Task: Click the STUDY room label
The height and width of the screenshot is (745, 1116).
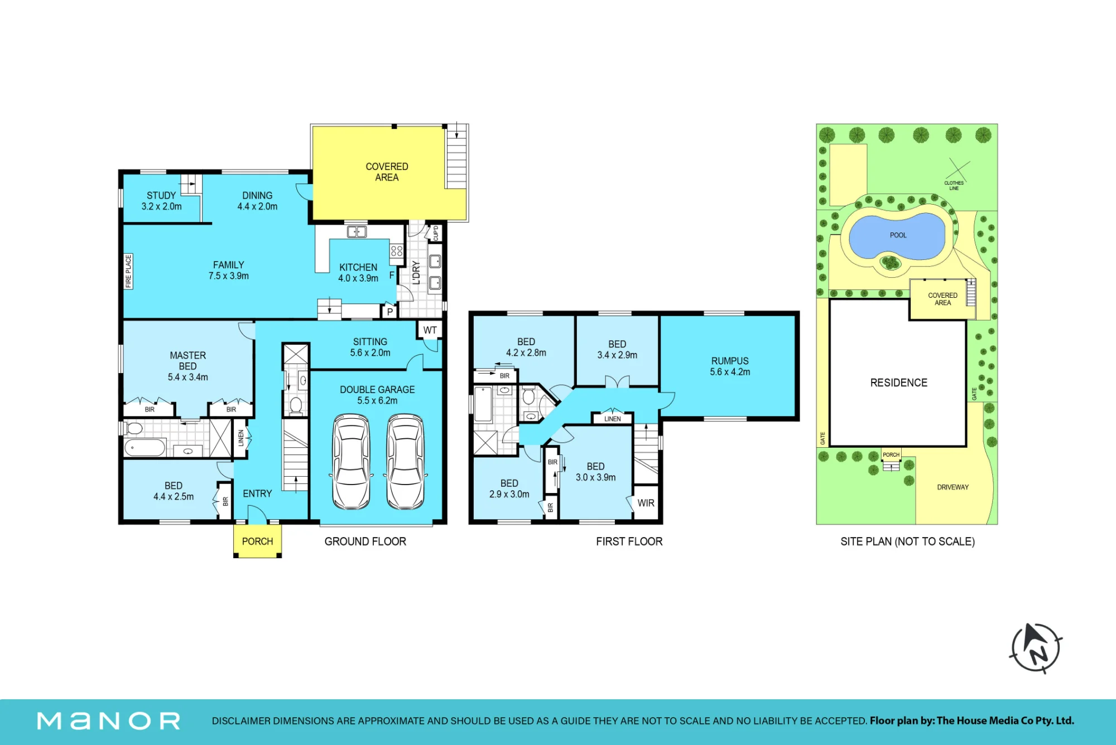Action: [161, 196]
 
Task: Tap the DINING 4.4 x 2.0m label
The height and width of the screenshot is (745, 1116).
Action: [257, 201]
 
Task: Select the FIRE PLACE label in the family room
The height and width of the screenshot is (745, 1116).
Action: [128, 272]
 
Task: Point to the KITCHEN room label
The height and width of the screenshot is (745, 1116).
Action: [358, 268]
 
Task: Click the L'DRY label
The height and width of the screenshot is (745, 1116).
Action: [416, 273]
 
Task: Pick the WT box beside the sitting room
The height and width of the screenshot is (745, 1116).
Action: [430, 330]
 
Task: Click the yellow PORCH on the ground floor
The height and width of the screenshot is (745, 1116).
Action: [257, 541]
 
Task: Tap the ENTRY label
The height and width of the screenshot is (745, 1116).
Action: [257, 494]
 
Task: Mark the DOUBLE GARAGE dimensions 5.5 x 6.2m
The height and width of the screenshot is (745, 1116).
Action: [377, 400]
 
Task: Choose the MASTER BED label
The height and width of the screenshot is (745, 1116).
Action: [188, 361]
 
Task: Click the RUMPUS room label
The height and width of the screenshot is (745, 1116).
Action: [730, 361]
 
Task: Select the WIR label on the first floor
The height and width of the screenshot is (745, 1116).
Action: [646, 503]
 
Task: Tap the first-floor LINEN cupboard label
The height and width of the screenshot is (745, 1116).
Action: [612, 419]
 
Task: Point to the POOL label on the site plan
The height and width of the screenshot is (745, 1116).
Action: [898, 235]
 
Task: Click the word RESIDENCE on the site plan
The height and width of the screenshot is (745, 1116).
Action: [899, 383]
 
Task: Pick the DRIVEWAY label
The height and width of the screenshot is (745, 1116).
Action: [953, 487]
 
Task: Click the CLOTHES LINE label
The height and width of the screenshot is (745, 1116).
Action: [954, 186]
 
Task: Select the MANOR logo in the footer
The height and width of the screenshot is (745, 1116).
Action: [109, 721]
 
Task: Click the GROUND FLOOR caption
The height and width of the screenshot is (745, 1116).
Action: [365, 541]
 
